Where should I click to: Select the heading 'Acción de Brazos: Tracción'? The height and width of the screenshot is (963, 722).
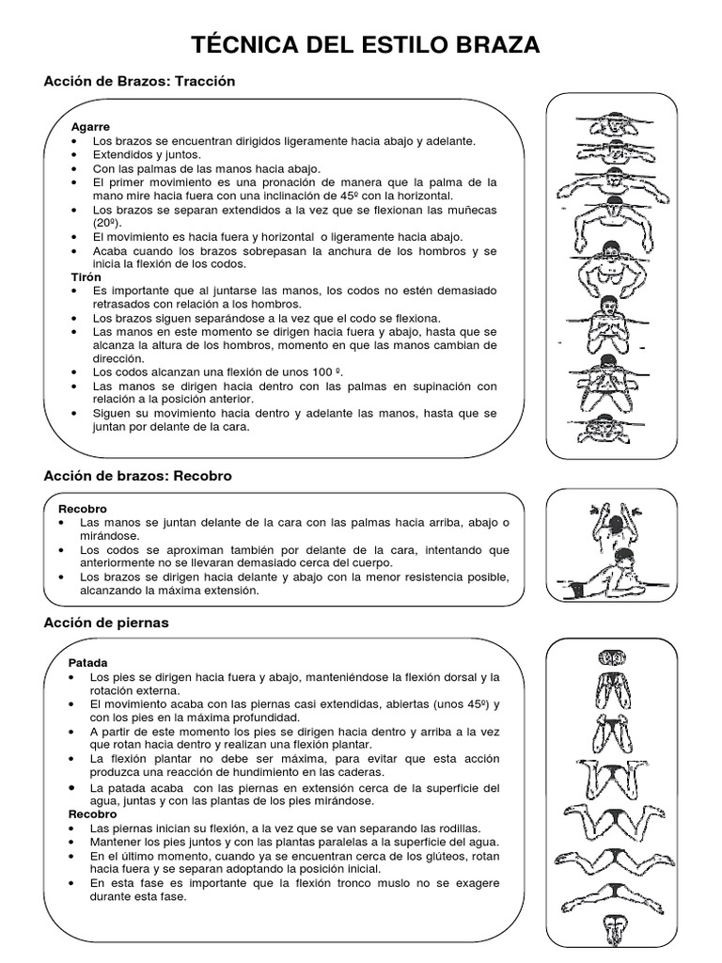click(x=139, y=82)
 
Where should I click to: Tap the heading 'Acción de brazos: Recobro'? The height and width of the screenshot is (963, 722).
click(x=137, y=476)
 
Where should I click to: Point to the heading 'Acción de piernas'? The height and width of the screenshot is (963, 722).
click(x=106, y=623)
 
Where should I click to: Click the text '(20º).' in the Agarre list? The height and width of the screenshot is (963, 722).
click(x=110, y=223)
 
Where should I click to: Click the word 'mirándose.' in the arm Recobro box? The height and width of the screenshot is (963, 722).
click(x=111, y=535)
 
